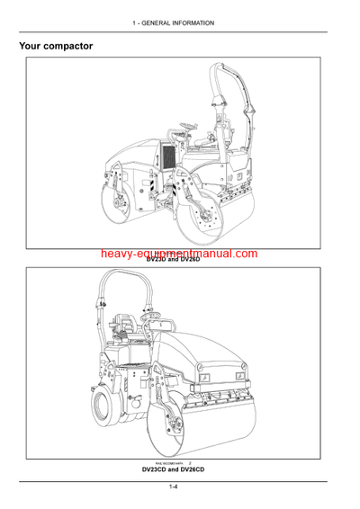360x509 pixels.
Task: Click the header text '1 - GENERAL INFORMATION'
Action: [x=180, y=22]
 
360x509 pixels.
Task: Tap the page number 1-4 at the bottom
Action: [x=179, y=488]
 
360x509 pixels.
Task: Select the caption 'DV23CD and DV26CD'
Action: [x=179, y=469]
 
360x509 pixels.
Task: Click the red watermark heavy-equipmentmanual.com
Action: [x=179, y=255]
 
